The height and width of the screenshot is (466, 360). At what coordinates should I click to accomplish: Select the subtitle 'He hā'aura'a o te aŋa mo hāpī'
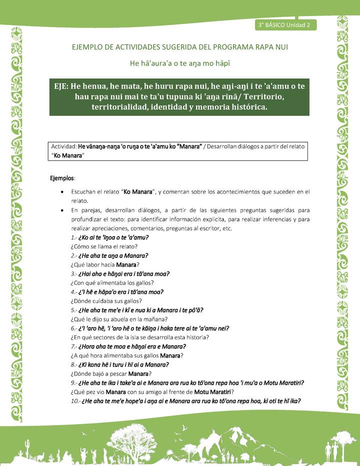(179, 63)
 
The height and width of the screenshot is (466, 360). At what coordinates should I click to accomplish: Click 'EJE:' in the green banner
(64, 86)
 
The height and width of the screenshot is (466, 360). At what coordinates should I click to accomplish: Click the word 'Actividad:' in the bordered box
(64, 146)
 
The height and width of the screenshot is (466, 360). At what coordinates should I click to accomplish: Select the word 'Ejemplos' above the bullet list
(62, 178)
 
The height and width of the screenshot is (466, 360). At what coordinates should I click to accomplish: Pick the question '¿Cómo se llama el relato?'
(104, 246)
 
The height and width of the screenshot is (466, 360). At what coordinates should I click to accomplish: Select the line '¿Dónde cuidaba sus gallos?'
(106, 301)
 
